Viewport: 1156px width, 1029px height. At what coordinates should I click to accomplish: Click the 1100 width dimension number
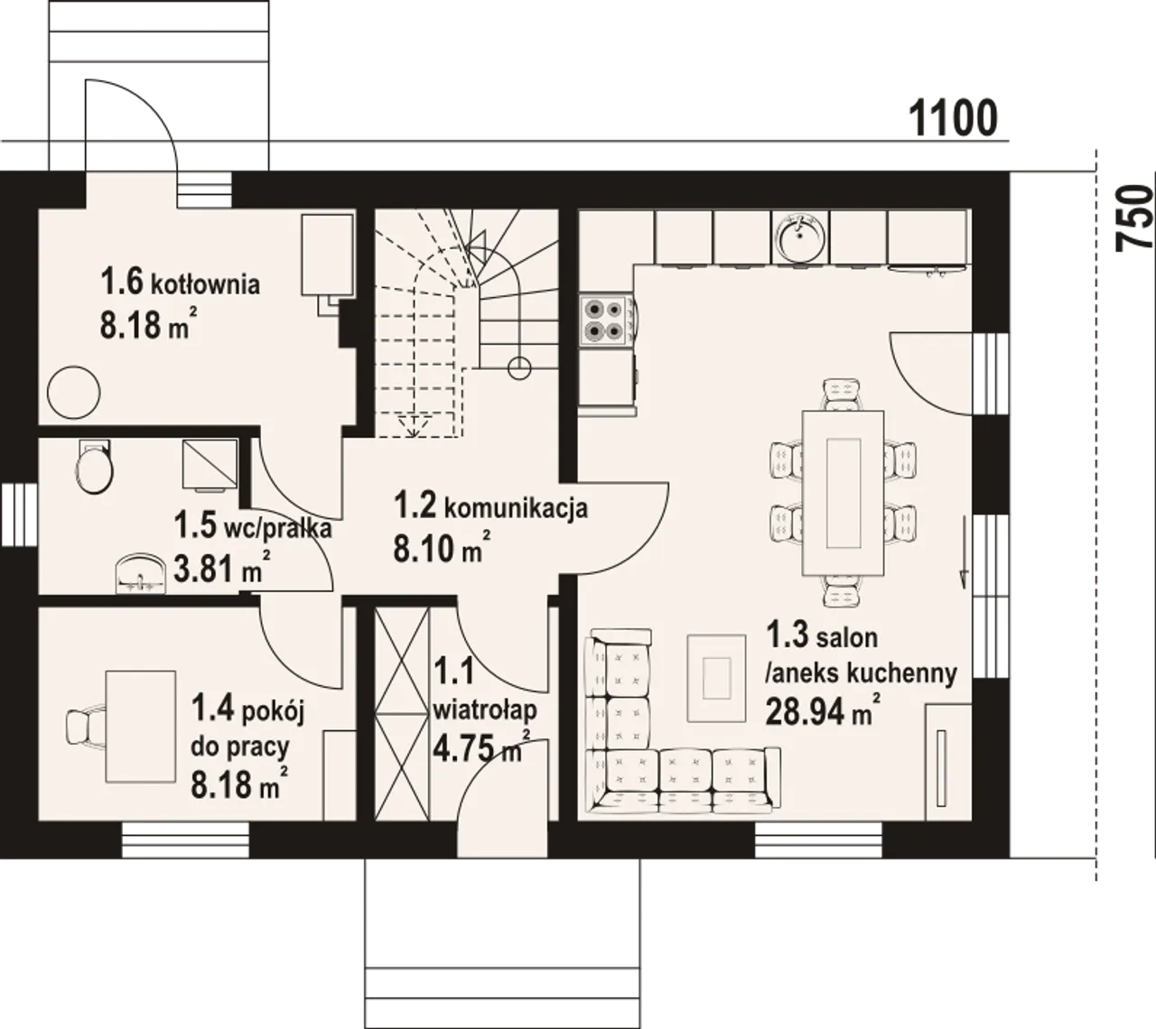pos(953,118)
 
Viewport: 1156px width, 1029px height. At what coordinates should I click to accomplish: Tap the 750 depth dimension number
pos(1134,218)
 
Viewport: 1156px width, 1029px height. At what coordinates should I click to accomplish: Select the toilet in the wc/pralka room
pos(94,466)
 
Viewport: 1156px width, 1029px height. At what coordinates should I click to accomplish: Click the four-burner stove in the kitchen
pos(605,320)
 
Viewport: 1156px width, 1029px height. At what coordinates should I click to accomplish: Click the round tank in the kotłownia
pos(74,393)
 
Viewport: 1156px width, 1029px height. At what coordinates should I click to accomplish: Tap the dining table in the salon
pos(844,493)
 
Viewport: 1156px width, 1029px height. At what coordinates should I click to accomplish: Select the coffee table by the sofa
pos(717,678)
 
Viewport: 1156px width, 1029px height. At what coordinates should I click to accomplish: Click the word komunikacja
pos(516,506)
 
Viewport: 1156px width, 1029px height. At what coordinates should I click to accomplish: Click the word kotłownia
pos(205,283)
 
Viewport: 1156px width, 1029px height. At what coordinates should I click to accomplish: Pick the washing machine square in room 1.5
pos(210,463)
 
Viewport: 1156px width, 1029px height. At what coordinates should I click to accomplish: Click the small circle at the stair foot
pos(519,368)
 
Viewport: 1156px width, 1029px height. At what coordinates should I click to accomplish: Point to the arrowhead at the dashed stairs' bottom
pos(415,425)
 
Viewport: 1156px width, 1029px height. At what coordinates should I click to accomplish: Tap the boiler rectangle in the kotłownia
pos(327,255)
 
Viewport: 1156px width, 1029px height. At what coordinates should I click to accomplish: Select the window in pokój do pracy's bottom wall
pos(185,840)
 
